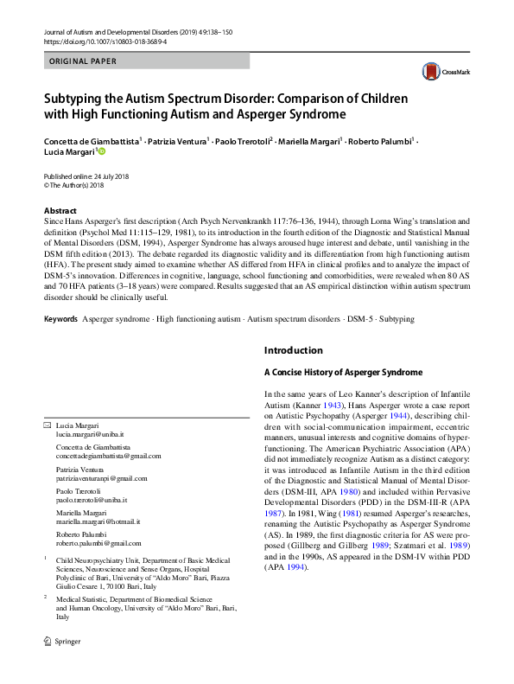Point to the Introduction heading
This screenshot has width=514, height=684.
[294, 350]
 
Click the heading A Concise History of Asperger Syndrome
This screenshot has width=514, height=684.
[343, 373]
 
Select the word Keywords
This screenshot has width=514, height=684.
[60, 319]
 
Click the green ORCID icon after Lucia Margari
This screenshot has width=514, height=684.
[101, 151]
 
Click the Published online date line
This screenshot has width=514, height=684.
[85, 176]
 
